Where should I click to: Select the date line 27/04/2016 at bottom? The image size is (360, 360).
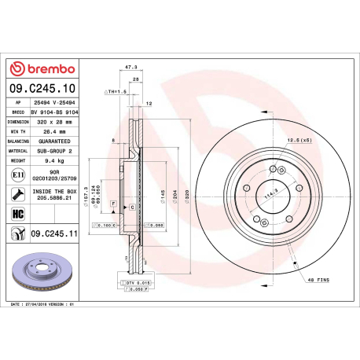[x=47, y=303]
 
